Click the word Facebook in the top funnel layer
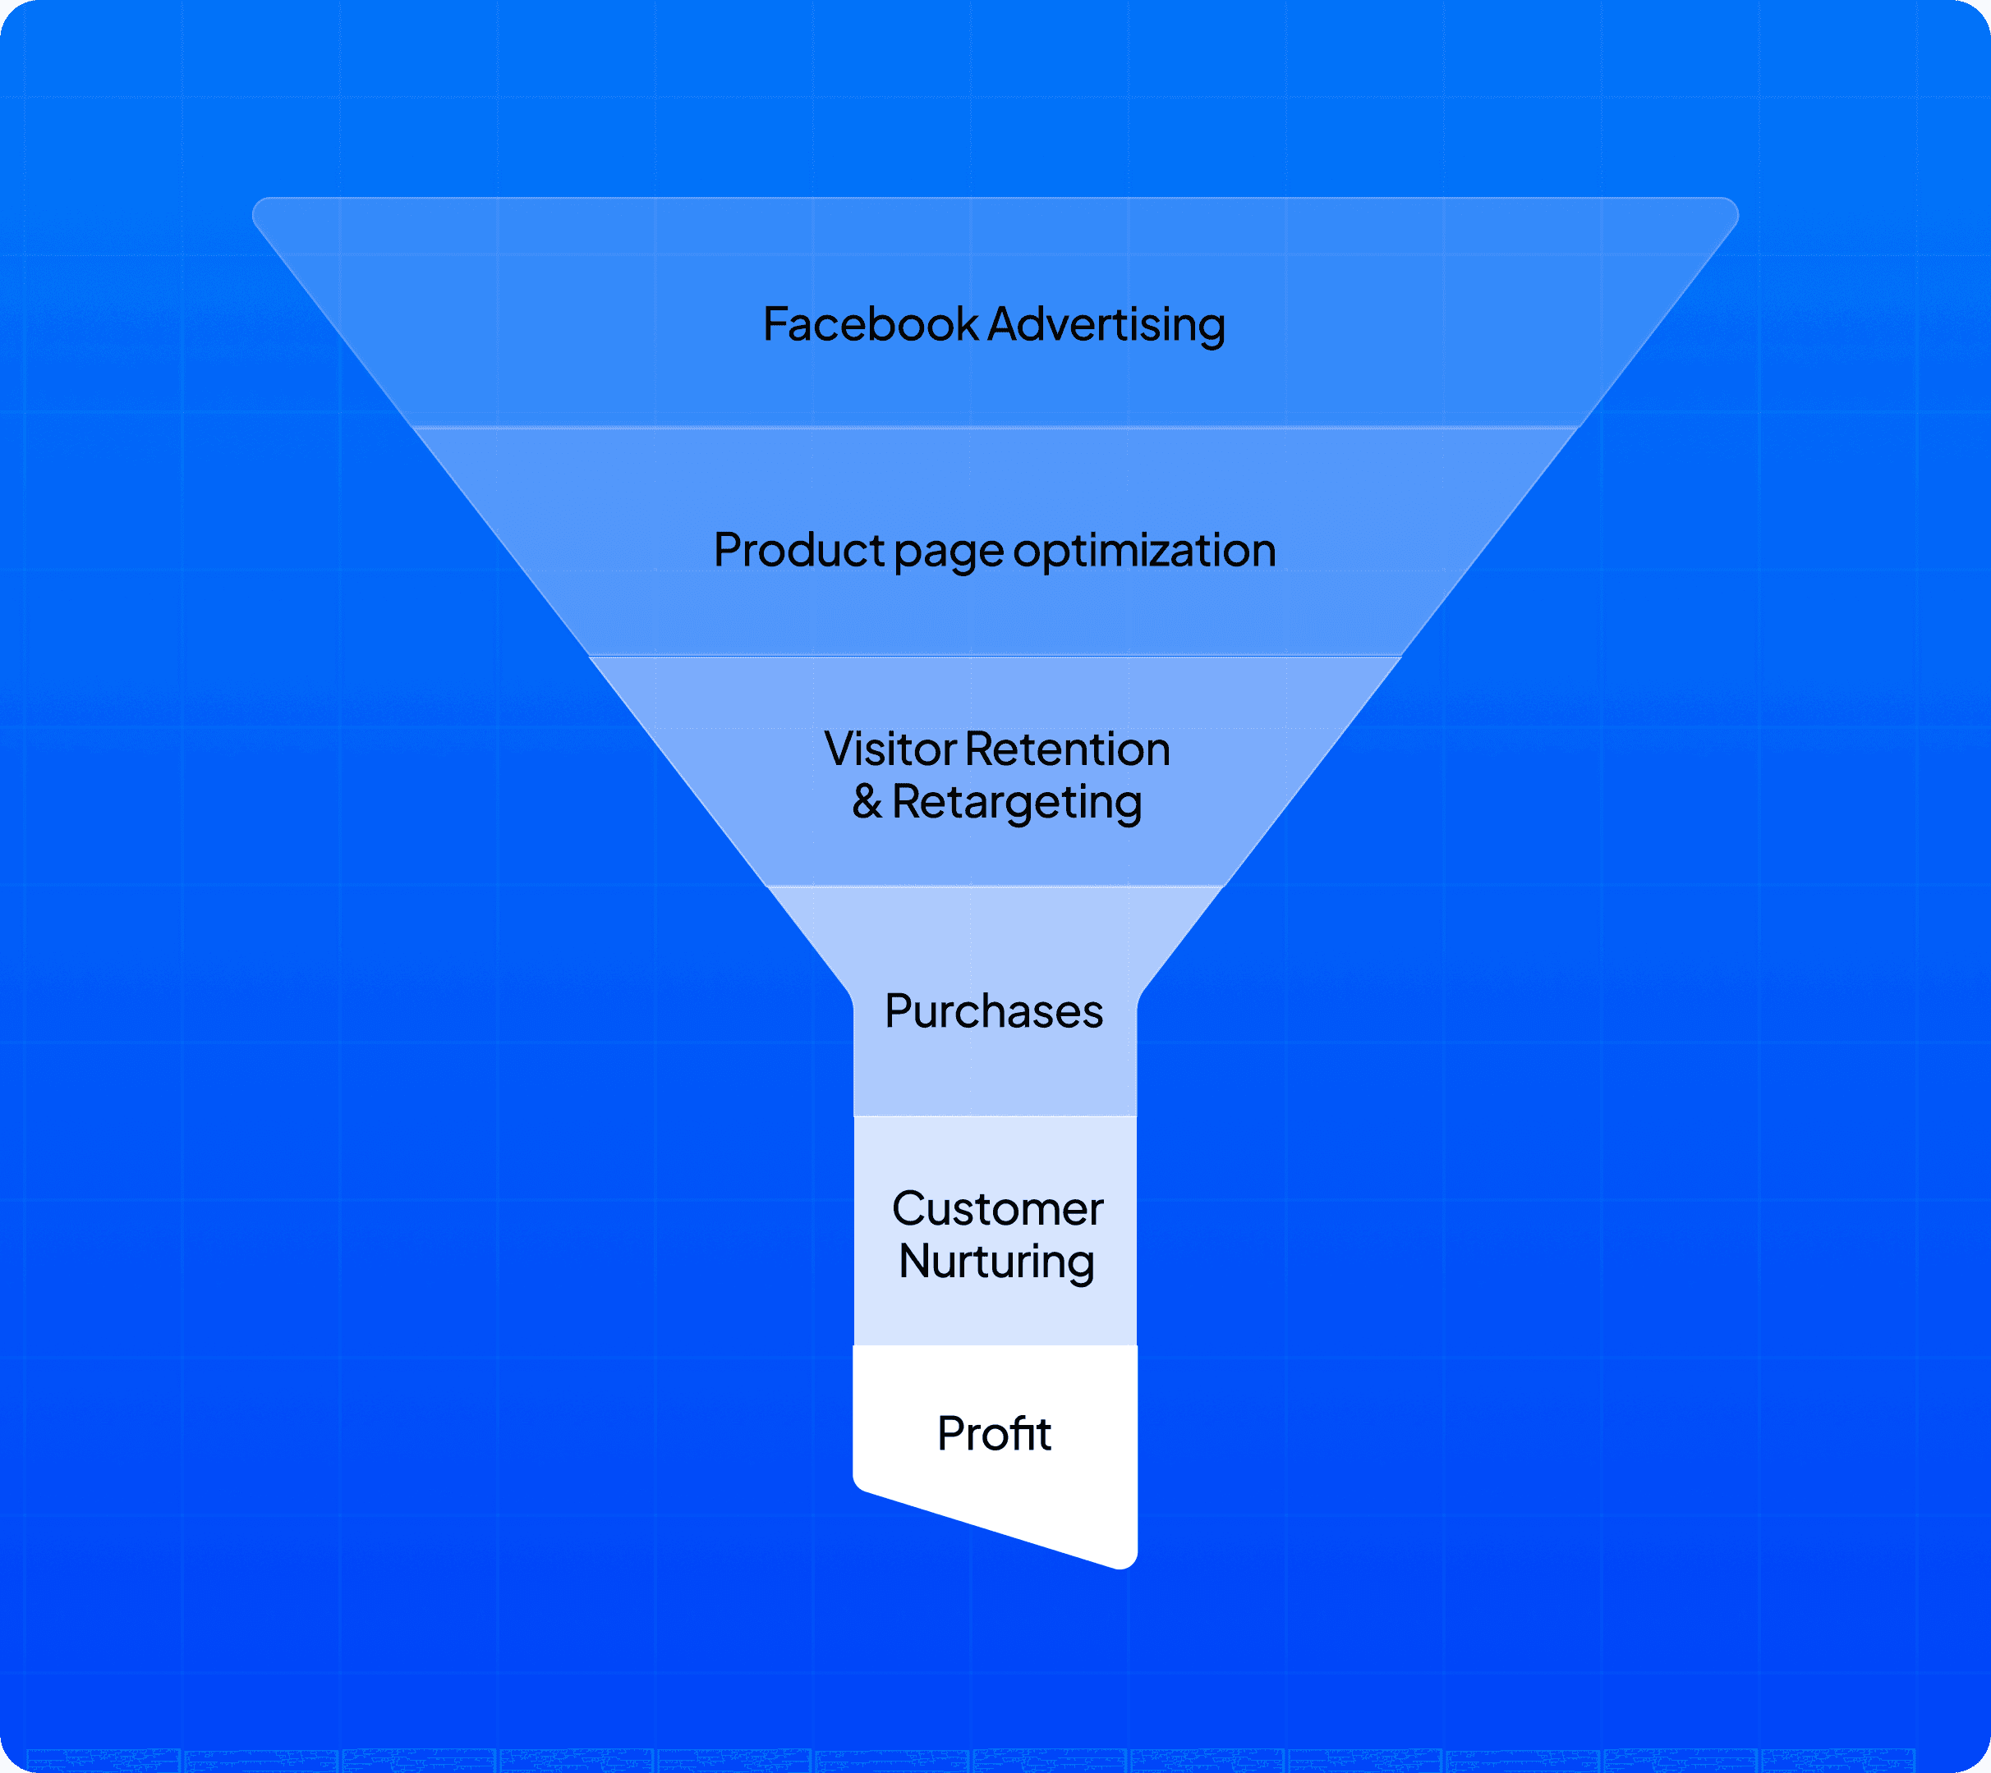(871, 324)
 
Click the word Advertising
(1106, 324)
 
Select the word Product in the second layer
(798, 551)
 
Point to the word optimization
(1144, 551)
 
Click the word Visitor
(890, 749)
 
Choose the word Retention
(1068, 749)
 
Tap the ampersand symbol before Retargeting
(867, 802)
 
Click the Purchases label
(994, 1011)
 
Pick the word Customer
(997, 1209)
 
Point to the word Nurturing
(996, 1262)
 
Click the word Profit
(994, 1433)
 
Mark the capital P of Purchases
(899, 1011)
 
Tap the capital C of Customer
(909, 1209)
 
